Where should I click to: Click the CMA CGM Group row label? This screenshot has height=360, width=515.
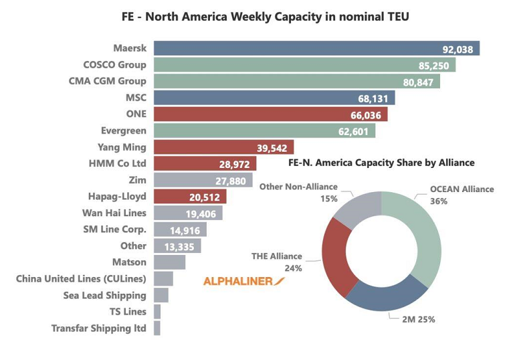point(107,81)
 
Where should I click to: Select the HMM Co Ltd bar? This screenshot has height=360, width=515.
point(187,163)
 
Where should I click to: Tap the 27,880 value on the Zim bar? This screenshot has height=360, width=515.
point(231,180)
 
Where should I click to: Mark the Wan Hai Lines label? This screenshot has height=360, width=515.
point(114,213)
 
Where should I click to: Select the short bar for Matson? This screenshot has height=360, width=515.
point(169,262)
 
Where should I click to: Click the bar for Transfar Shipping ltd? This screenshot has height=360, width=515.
point(157,328)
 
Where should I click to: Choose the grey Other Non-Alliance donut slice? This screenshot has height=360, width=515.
point(354,207)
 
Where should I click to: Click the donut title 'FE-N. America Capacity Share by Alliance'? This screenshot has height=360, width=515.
point(381,163)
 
